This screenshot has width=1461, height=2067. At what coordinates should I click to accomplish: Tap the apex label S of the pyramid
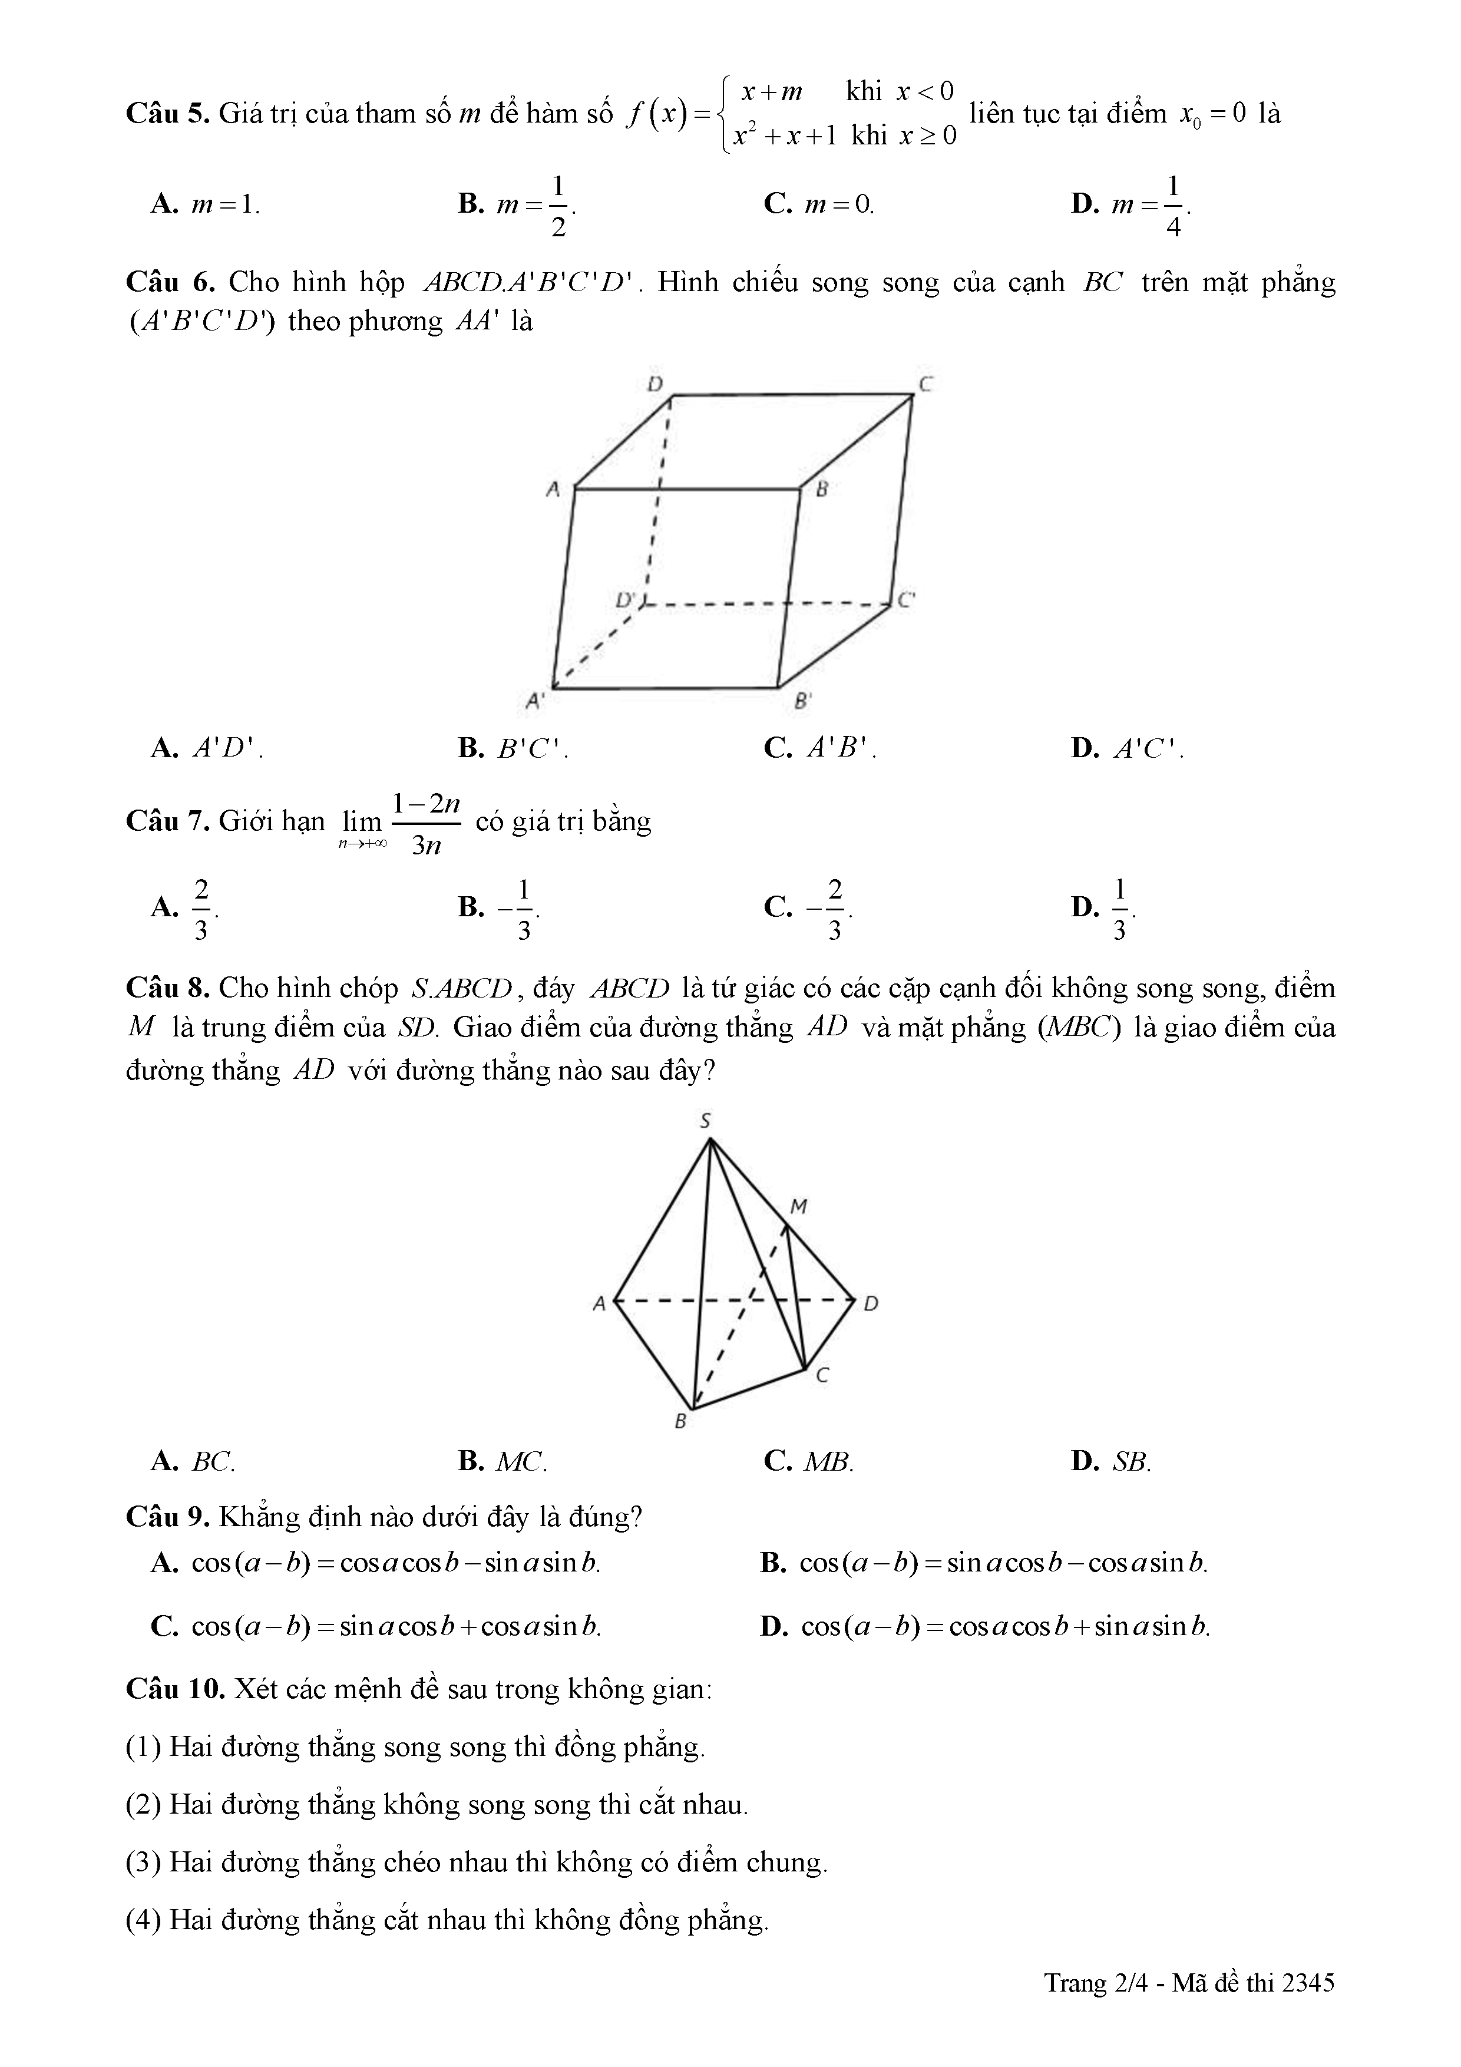[x=706, y=1121]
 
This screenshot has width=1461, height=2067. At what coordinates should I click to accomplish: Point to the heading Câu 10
[x=176, y=1689]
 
